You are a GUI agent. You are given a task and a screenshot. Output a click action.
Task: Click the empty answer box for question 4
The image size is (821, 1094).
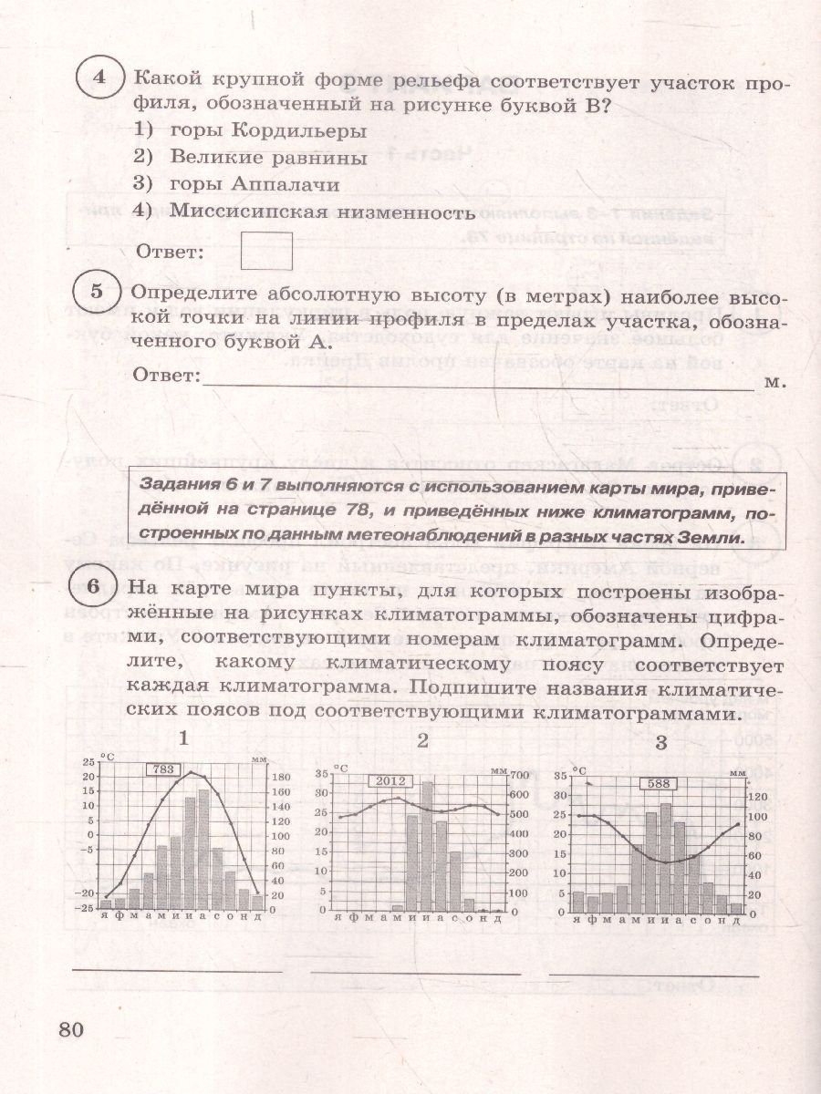point(266,251)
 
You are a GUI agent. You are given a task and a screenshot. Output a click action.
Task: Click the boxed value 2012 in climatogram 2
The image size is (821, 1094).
point(390,780)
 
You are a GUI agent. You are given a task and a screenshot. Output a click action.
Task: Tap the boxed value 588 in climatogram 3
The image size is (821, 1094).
point(656,783)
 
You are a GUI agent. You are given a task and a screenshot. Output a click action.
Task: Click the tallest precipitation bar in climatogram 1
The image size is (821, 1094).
point(203,848)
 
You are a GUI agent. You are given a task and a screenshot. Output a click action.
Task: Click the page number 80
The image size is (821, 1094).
point(71,1029)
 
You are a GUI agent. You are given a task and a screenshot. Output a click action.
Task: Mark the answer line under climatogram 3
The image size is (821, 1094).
point(652,974)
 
